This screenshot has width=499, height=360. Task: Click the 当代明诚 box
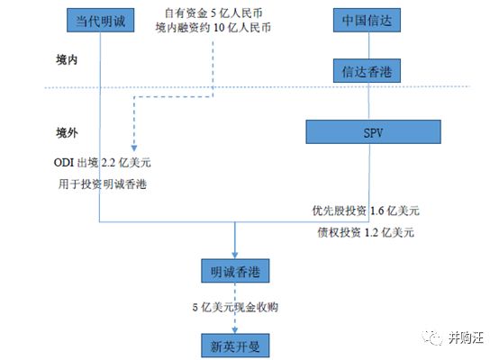(x=100, y=21)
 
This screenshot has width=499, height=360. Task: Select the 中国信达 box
(x=367, y=21)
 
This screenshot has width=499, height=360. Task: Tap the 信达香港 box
(x=367, y=71)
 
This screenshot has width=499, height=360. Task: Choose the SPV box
(x=373, y=132)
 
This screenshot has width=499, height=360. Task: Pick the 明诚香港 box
(x=235, y=271)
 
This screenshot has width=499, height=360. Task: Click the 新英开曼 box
(x=235, y=346)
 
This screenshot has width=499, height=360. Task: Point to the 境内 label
(x=67, y=59)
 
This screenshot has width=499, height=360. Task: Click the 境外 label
(x=67, y=132)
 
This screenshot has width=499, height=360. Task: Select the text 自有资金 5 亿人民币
(x=213, y=13)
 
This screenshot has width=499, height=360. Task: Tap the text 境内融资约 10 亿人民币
(x=213, y=28)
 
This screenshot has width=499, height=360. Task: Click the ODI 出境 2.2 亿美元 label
(x=102, y=163)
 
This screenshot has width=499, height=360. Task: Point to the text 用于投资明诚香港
(x=102, y=184)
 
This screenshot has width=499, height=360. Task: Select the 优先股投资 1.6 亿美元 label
(x=366, y=211)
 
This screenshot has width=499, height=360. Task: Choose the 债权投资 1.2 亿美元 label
(x=366, y=233)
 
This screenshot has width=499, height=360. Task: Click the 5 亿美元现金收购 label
(x=235, y=307)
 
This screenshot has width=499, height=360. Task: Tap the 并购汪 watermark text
(x=466, y=337)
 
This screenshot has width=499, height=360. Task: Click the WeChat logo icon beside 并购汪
(x=432, y=337)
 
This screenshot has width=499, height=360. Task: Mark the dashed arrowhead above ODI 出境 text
(x=134, y=148)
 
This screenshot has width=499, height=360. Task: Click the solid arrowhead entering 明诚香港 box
(x=235, y=255)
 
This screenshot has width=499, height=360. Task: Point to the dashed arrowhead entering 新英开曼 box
(x=235, y=330)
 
